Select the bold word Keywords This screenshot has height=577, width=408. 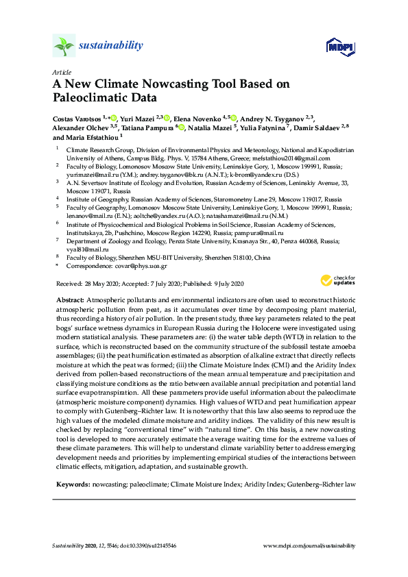tap(72, 484)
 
